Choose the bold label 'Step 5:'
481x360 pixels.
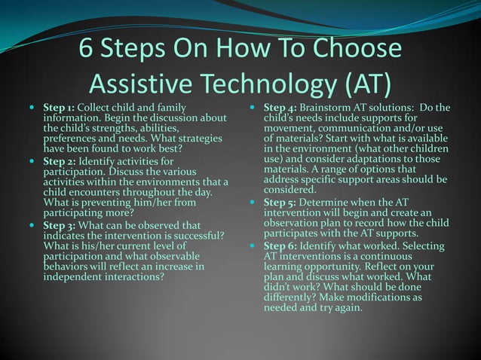[280, 203]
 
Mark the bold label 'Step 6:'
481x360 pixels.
[280, 246]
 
